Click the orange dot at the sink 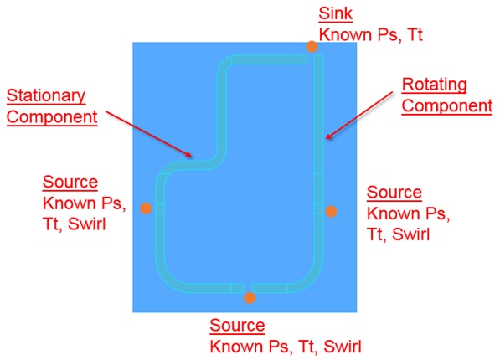312,47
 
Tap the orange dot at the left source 146,208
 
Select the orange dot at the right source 331,212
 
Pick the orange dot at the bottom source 250,298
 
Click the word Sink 336,13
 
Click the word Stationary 46,95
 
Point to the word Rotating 434,85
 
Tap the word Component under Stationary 52,116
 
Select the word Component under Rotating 447,105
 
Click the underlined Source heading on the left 70,182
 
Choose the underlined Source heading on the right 394,193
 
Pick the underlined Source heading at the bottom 237,325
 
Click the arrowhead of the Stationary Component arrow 189,155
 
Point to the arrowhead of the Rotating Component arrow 328,136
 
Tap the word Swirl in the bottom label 343,347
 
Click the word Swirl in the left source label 86,224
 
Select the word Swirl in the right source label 410,234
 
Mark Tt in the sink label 415,34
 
